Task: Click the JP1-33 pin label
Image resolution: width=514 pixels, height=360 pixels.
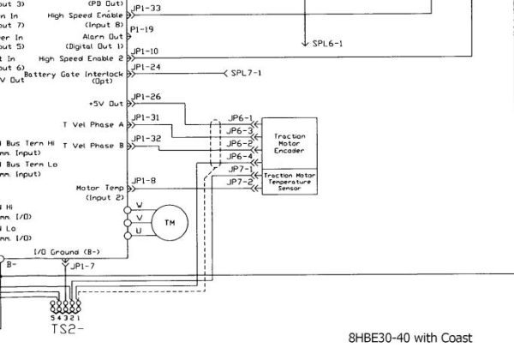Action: (146, 8)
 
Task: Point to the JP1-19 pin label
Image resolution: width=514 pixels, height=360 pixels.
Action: (143, 28)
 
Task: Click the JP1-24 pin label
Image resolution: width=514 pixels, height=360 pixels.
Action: (146, 66)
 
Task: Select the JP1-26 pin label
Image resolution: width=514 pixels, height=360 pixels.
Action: (146, 97)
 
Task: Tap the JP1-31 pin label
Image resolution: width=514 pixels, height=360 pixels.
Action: (146, 117)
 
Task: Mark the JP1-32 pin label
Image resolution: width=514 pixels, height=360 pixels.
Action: (146, 138)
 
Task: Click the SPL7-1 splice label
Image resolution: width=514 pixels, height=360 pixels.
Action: (247, 73)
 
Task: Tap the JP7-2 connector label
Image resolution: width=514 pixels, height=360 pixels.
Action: (240, 182)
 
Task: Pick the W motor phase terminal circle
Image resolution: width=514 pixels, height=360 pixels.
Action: (139, 206)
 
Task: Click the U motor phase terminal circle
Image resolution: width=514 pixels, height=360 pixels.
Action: (139, 231)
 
